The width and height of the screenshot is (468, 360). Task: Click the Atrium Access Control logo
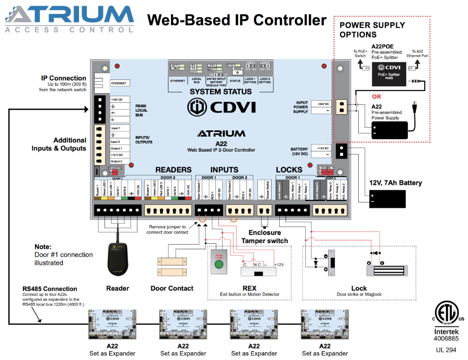tap(70, 19)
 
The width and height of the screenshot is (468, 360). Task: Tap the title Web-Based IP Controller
tap(237, 20)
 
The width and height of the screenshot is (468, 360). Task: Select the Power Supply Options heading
tap(372, 30)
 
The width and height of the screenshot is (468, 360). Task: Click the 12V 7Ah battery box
tap(387, 199)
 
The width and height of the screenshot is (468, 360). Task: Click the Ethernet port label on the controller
tap(120, 83)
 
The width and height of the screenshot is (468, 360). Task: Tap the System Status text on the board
tap(220, 91)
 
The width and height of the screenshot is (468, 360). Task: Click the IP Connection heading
tap(63, 78)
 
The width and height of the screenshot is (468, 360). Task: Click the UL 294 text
tap(443, 350)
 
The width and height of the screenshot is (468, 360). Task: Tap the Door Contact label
tap(172, 288)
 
